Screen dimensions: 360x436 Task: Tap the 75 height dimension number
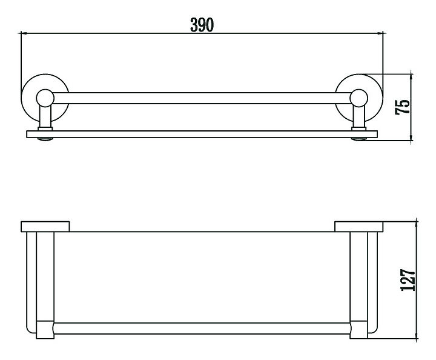pyautogui.click(x=402, y=106)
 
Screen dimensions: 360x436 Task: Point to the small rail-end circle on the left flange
pyautogui.click(x=44, y=98)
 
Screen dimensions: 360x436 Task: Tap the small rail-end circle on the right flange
pyautogui.click(x=359, y=98)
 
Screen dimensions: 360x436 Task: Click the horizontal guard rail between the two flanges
pyautogui.click(x=202, y=98)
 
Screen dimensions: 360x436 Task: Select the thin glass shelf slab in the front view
pyautogui.click(x=202, y=134)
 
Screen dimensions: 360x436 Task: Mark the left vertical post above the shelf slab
pyautogui.click(x=44, y=117)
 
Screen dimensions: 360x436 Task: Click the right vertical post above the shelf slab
pyautogui.click(x=359, y=117)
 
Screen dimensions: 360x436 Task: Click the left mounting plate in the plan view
pyautogui.click(x=45, y=227)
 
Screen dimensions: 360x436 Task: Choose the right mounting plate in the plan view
pyautogui.click(x=359, y=227)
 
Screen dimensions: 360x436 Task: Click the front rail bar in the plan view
pyautogui.click(x=202, y=329)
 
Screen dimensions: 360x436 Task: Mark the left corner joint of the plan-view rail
pyautogui.click(x=44, y=329)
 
